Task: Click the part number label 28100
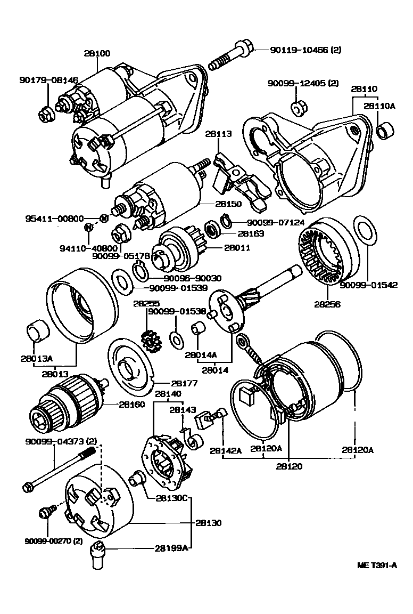(x=97, y=53)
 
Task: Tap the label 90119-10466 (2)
(x=305, y=50)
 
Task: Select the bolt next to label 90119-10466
(x=229, y=58)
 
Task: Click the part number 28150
(x=228, y=204)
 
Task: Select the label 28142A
(x=226, y=450)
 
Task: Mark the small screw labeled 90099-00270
(x=45, y=513)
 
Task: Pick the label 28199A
(x=172, y=547)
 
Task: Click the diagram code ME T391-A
(x=377, y=565)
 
